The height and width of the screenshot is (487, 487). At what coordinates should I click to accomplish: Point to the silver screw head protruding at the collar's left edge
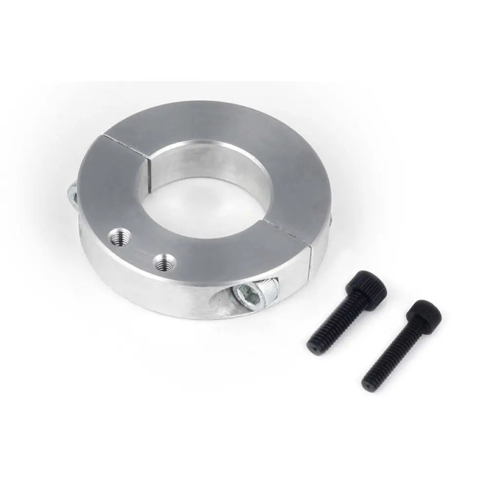72,194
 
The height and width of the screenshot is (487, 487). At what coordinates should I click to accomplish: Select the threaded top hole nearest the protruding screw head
118,238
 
